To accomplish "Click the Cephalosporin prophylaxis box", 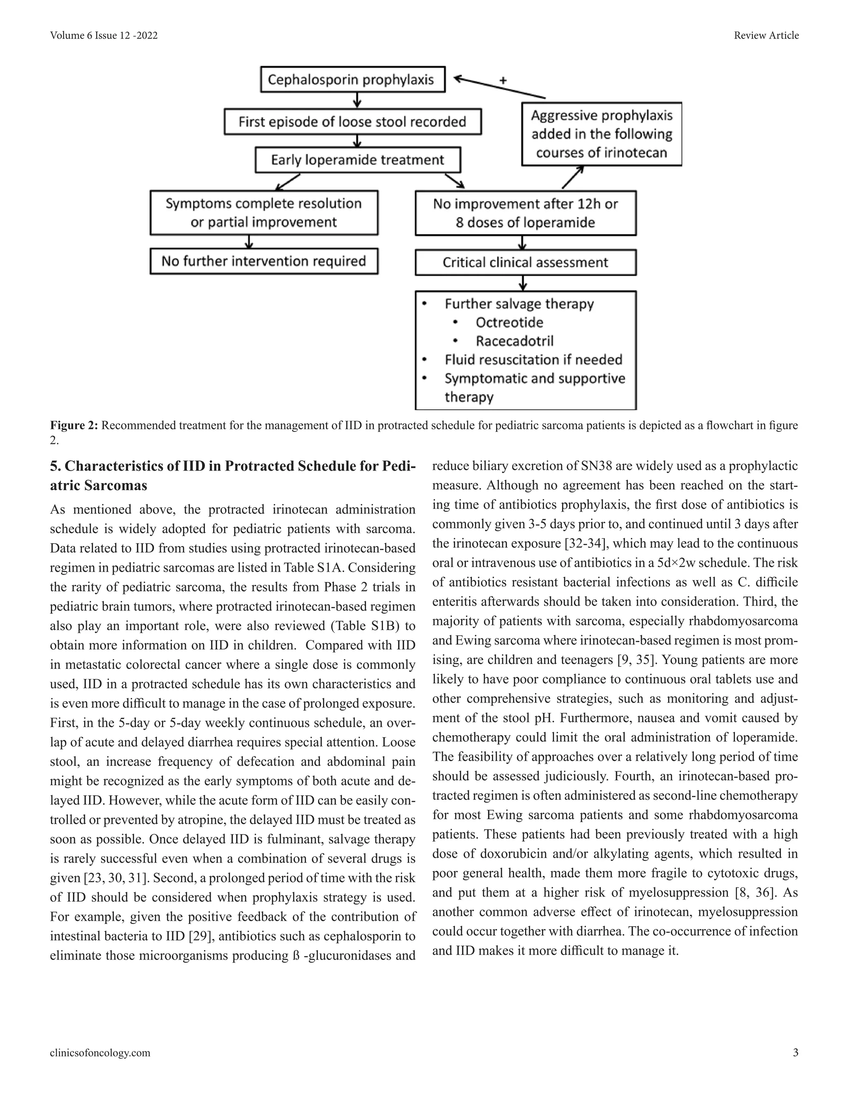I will (x=352, y=79).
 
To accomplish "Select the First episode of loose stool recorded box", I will (x=352, y=122).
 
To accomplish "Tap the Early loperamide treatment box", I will (x=357, y=160).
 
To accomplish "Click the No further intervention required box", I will (x=264, y=261).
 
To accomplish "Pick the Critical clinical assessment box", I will (x=525, y=262).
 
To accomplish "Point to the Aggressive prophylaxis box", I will (x=601, y=134).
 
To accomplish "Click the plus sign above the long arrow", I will (x=503, y=80).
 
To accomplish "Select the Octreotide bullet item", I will (x=509, y=322).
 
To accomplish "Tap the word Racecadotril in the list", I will (x=514, y=341).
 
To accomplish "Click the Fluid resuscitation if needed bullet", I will (x=533, y=360).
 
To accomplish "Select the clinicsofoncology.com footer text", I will (x=100, y=1053).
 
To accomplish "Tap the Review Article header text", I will (x=766, y=35).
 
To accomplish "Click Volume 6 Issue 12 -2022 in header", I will (x=104, y=35).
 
